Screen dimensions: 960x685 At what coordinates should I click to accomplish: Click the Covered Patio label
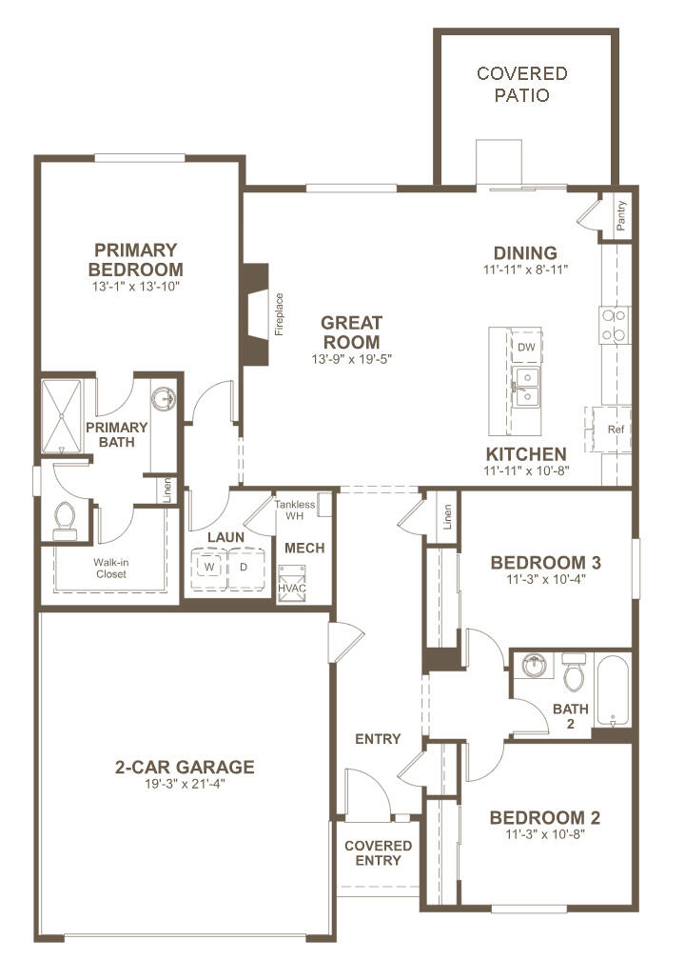(x=521, y=85)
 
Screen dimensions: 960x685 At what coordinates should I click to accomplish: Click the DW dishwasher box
(x=525, y=347)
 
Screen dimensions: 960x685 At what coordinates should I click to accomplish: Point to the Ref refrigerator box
(x=615, y=430)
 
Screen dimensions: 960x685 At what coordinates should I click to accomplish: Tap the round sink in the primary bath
(x=166, y=399)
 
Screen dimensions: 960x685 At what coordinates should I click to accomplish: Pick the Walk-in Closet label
(x=110, y=568)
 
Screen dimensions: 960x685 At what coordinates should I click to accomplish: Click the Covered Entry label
(x=378, y=853)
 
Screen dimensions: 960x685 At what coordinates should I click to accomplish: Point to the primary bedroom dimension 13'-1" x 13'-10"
(x=136, y=286)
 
